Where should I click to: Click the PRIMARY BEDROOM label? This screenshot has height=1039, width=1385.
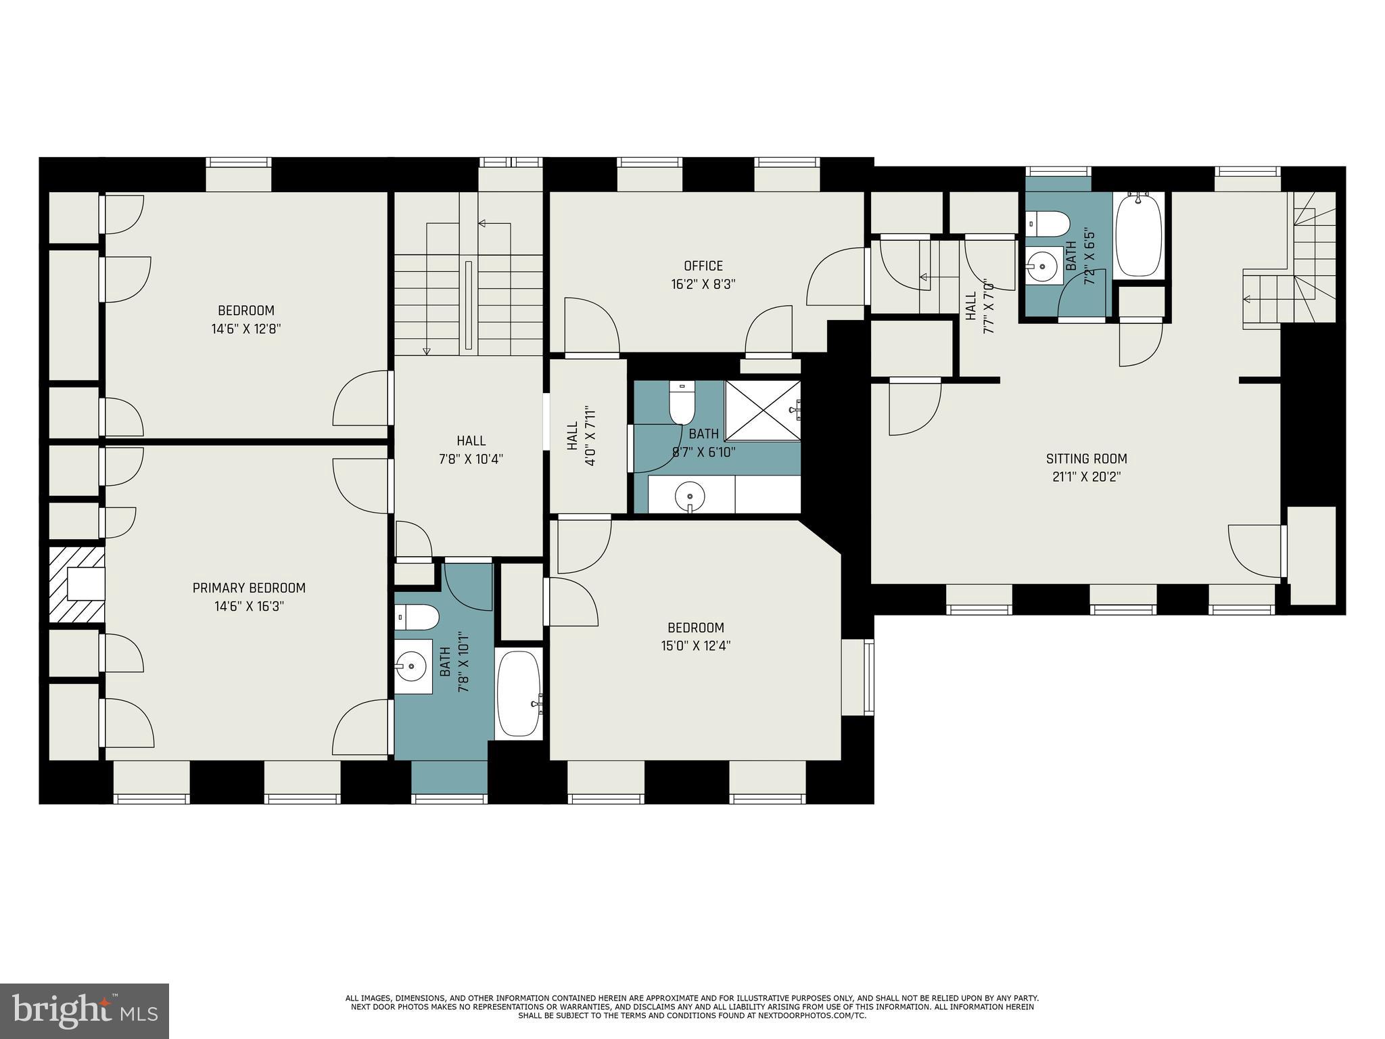(249, 588)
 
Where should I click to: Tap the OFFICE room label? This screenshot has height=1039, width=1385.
(703, 266)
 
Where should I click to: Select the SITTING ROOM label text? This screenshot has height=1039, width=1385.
(1086, 459)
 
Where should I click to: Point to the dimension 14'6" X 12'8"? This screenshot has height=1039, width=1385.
(246, 329)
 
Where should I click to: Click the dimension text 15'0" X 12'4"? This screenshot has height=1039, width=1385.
(696, 645)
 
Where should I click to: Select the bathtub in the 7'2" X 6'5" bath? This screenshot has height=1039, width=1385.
(1139, 235)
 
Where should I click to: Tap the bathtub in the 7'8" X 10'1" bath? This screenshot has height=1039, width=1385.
(519, 694)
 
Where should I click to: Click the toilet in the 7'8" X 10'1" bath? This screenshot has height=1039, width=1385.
(417, 617)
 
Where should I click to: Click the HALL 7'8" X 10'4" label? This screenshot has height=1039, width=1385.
(471, 450)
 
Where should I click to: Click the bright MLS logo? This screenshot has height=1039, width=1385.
(85, 1011)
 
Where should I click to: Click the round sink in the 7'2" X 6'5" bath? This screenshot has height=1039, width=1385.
(1042, 266)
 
